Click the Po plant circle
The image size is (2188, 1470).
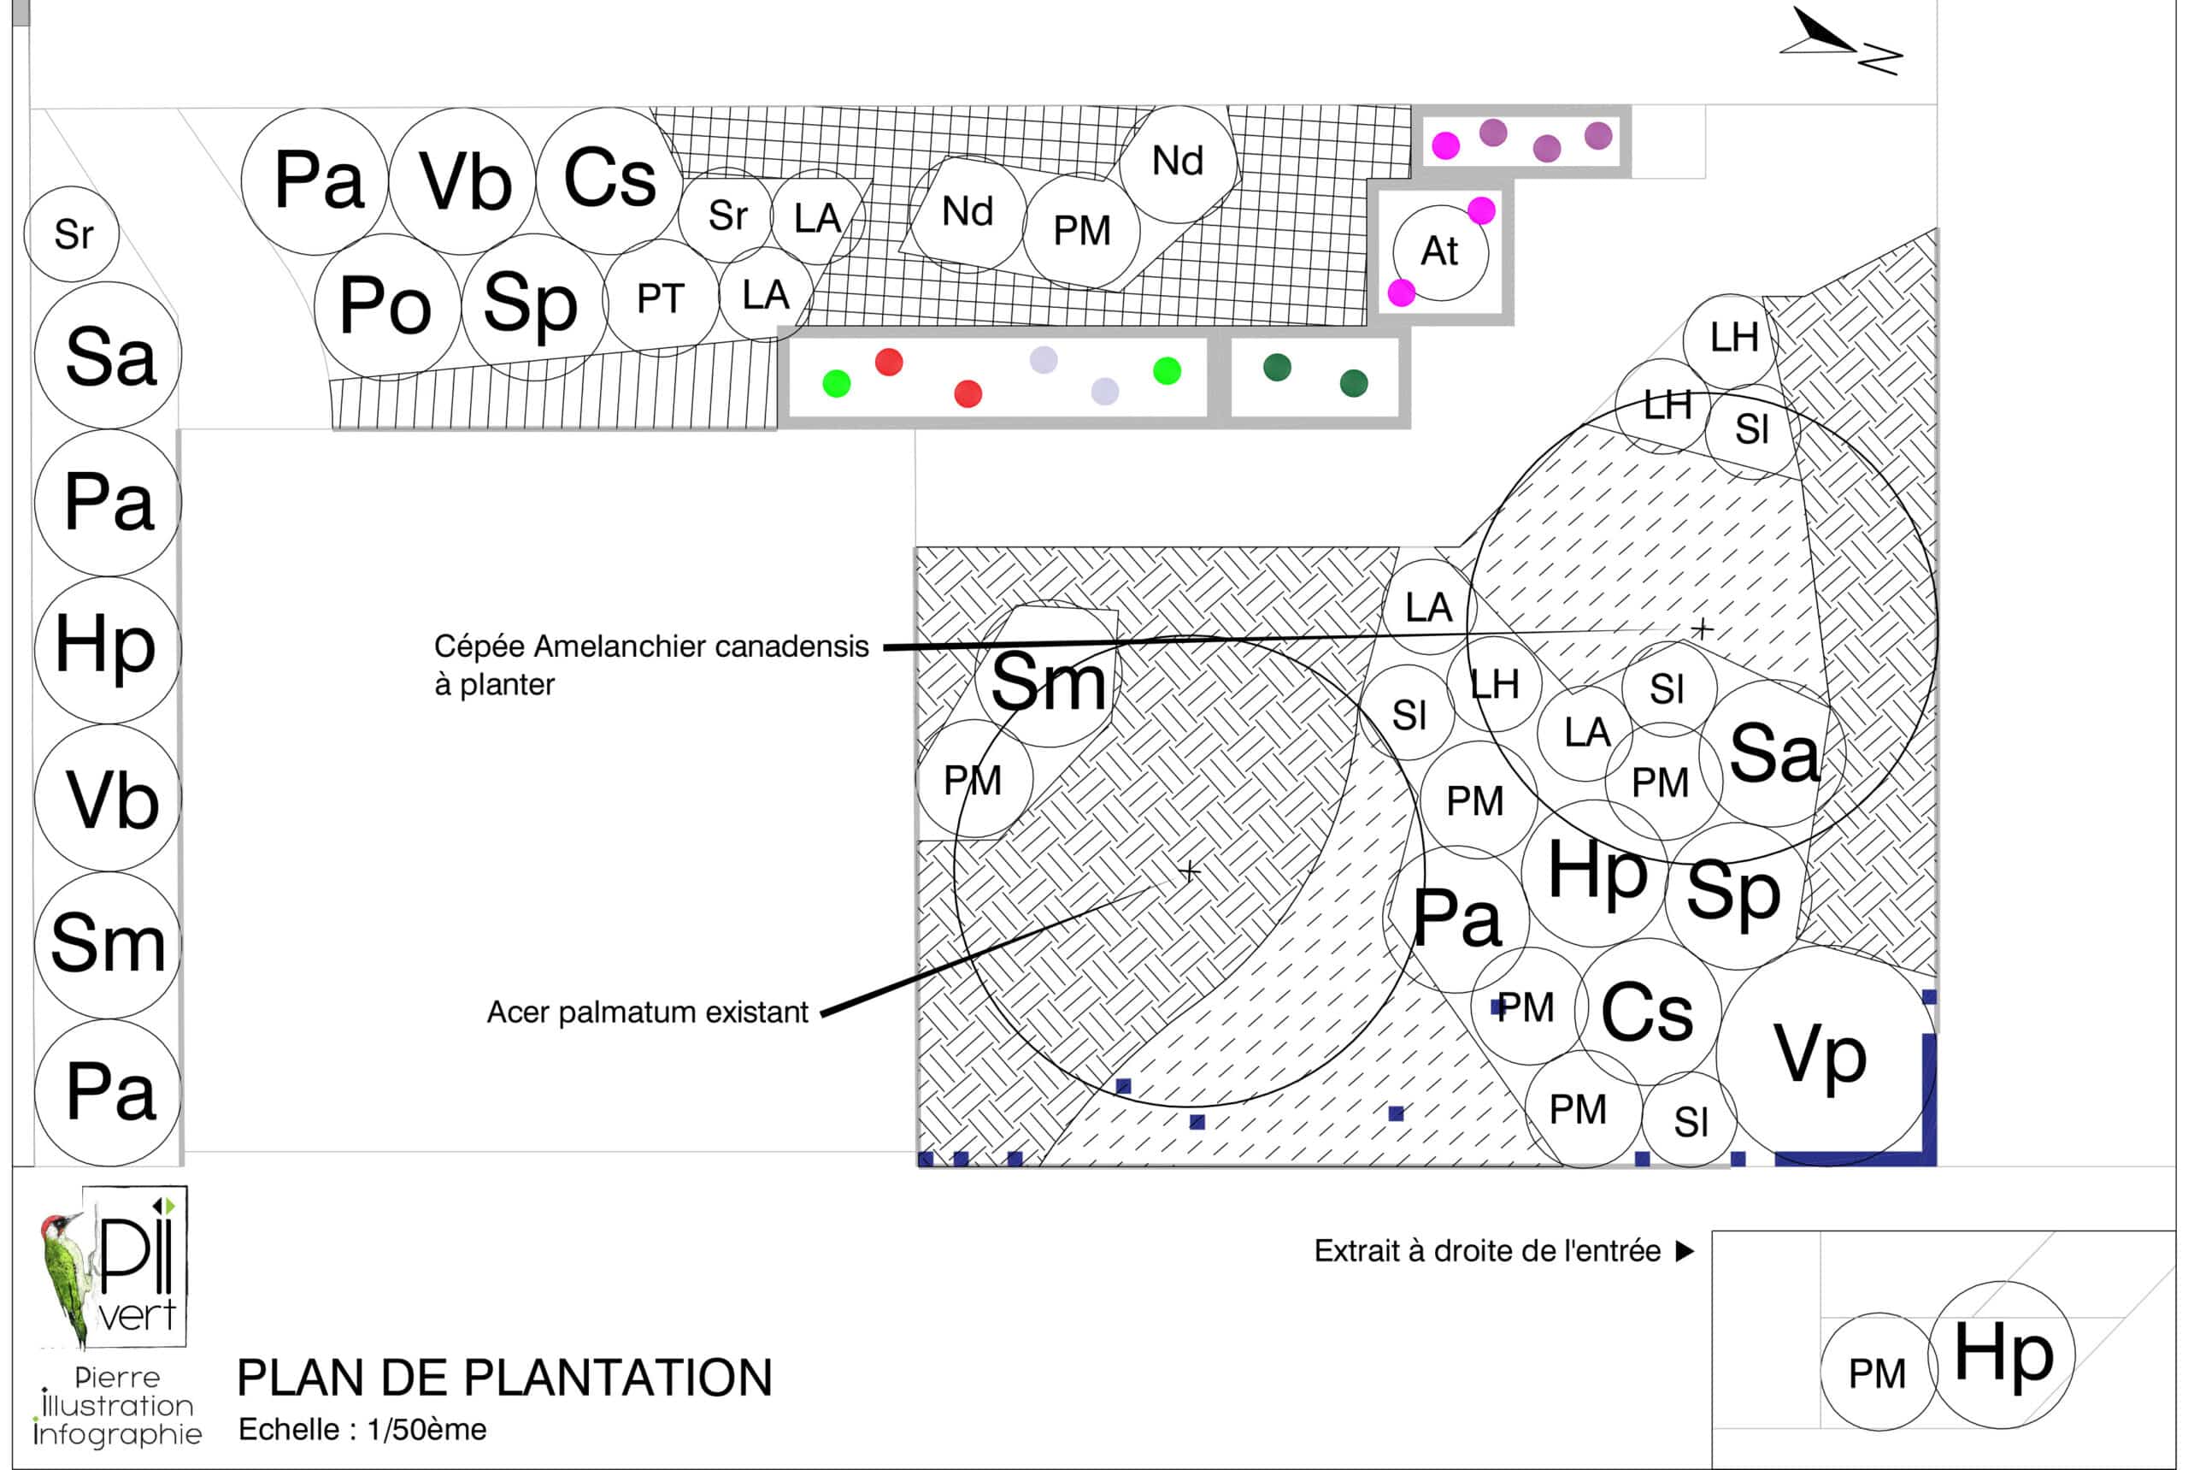386,305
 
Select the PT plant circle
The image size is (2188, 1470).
662,298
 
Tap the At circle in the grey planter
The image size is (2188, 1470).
1439,251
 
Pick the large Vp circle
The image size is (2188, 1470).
1820,1054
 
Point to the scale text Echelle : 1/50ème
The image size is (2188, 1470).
362,1430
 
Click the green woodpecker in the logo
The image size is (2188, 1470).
64,1275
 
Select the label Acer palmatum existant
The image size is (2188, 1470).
646,1012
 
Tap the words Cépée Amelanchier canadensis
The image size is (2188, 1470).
651,646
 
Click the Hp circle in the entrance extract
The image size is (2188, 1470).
2003,1355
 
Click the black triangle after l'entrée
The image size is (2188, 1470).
1684,1252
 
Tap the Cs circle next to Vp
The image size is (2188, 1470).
1647,1012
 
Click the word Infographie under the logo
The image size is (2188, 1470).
117,1434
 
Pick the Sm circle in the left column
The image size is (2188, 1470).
107,944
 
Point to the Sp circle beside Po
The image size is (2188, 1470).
532,305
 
